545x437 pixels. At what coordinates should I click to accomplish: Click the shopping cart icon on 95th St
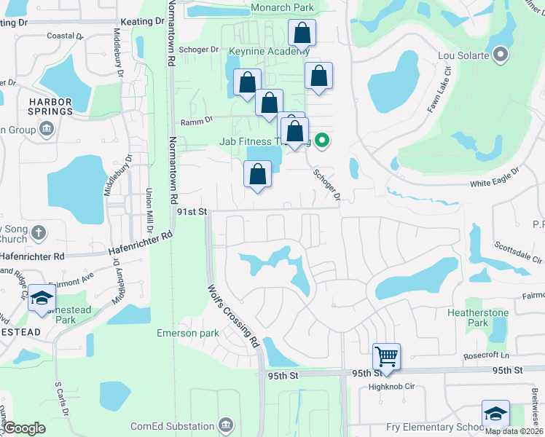click(x=386, y=357)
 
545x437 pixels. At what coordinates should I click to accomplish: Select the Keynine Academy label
click(x=269, y=52)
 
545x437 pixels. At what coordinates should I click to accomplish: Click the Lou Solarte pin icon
click(x=501, y=55)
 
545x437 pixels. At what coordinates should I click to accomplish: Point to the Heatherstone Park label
click(x=477, y=317)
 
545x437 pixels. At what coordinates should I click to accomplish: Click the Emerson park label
click(x=187, y=333)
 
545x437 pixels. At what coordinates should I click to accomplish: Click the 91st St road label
click(x=192, y=211)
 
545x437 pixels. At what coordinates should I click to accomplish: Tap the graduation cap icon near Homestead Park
click(x=42, y=299)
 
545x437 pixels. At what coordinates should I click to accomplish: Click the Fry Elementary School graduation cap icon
click(x=495, y=414)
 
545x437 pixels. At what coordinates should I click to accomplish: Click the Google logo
click(x=24, y=428)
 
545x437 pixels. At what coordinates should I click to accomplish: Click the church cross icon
click(x=38, y=234)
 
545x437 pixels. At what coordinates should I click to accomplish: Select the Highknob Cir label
click(x=391, y=387)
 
